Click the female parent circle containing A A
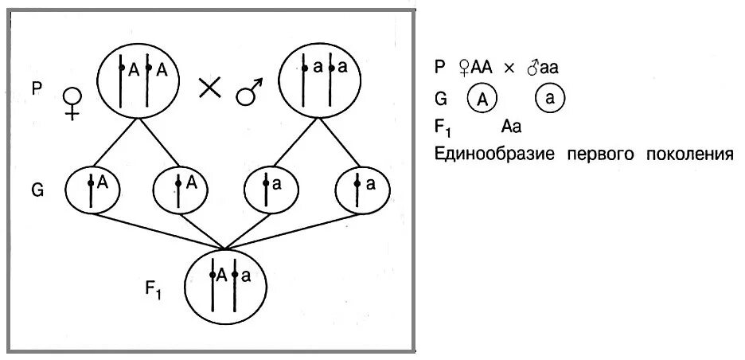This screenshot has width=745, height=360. pos(141,79)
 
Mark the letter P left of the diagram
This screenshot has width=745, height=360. pos(37,88)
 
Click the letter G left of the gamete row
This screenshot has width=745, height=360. pos(37,191)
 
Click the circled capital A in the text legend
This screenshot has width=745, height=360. pos(482,100)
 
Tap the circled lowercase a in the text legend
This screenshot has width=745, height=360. pos(550,100)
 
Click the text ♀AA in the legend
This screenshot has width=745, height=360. pos(476,68)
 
